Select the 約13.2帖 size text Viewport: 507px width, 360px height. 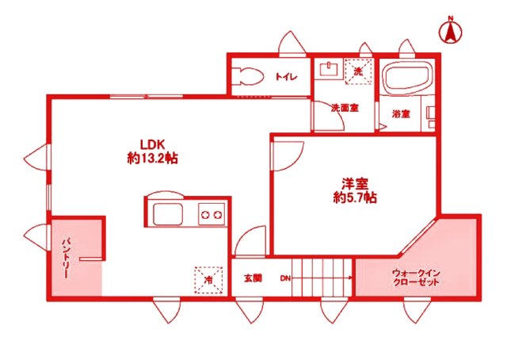click(x=153, y=158)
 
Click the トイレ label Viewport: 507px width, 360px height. click(x=286, y=78)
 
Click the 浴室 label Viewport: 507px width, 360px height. click(x=401, y=113)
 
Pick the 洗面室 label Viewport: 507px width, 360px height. click(x=345, y=108)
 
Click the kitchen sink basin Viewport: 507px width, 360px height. click(x=169, y=214)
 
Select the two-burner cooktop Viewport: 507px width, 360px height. click(x=211, y=214)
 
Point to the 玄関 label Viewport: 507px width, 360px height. click(x=253, y=278)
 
